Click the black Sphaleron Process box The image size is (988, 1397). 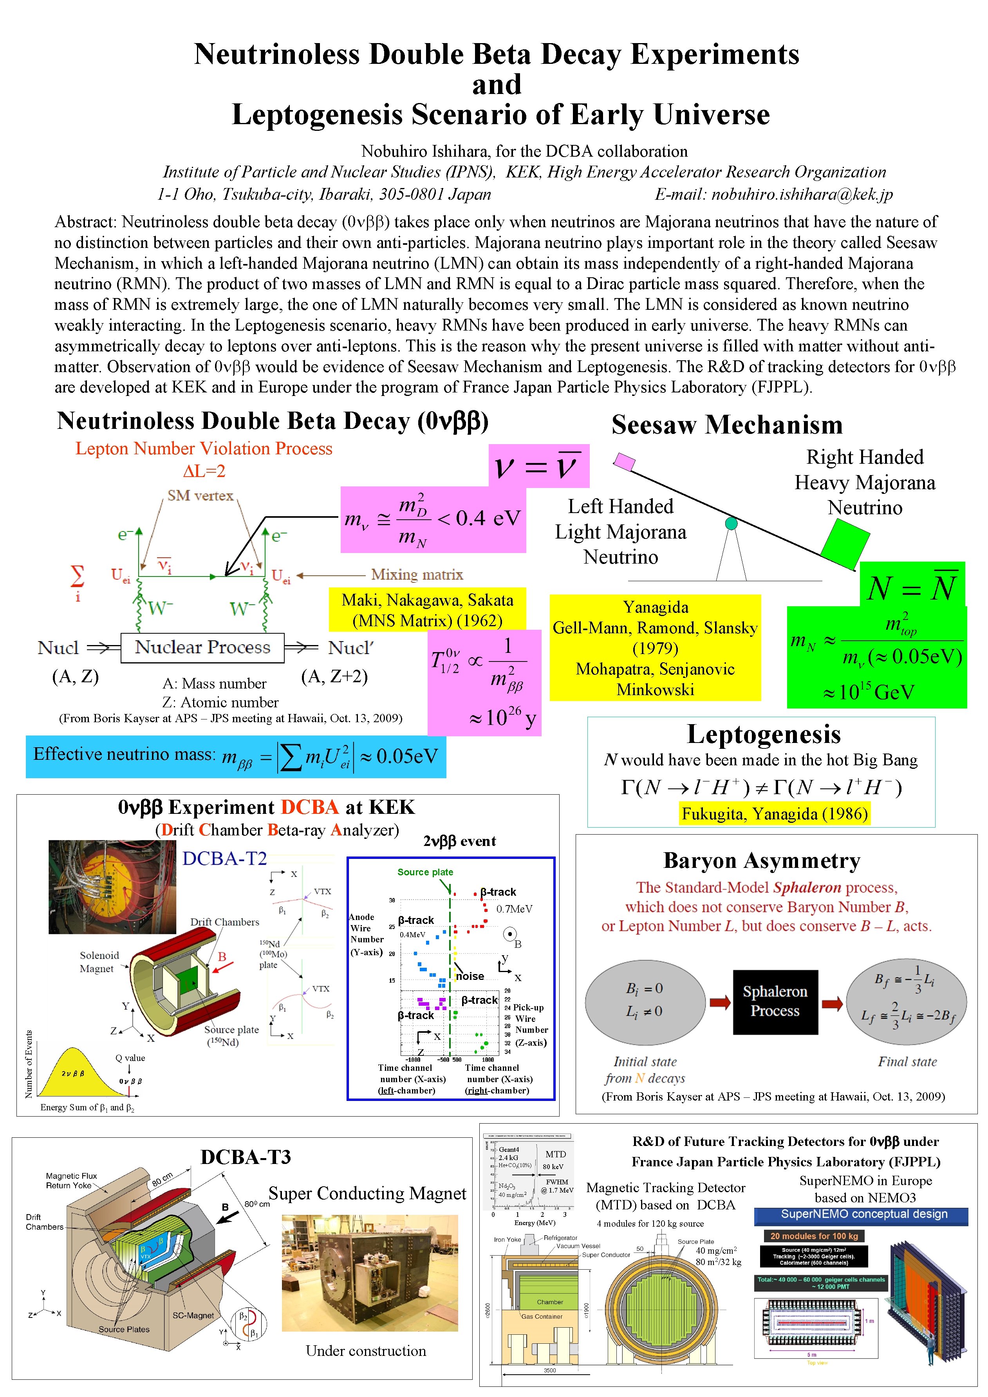point(775,1001)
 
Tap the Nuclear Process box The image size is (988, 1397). point(202,647)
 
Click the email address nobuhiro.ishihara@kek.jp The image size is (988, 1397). point(802,194)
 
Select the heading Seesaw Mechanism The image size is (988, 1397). point(727,425)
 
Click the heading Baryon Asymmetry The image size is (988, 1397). point(762,860)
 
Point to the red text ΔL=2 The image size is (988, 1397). point(204,471)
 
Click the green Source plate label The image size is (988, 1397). point(425,872)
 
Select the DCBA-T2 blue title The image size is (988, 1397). point(224,858)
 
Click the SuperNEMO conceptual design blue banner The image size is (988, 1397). point(864,1214)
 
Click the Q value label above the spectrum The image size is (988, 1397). point(130,1057)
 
